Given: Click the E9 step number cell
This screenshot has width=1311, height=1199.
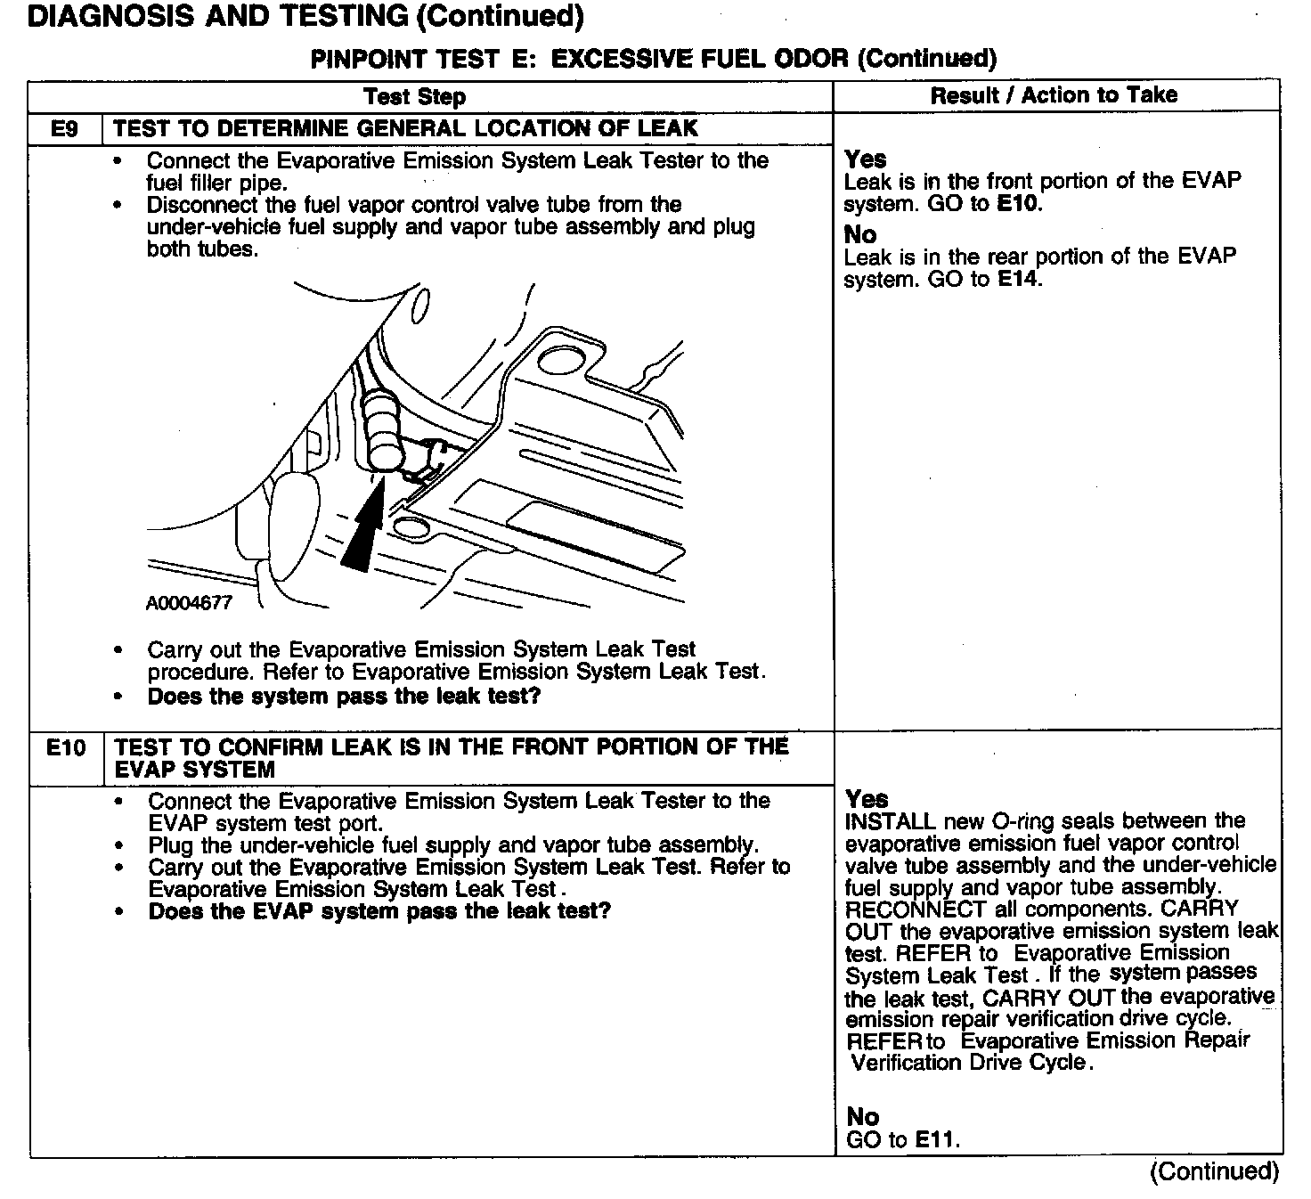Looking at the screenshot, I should tap(64, 129).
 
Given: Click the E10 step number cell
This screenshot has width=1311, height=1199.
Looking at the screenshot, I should tap(66, 747).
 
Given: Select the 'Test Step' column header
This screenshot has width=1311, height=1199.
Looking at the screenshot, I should tap(414, 96).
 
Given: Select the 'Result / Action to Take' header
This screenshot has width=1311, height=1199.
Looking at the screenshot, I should tap(1054, 95).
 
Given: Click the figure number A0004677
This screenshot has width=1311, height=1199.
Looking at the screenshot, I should tap(189, 603).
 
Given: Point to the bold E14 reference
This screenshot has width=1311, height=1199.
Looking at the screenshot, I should tap(1019, 279).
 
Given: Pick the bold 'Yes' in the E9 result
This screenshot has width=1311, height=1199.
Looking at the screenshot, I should tap(865, 159).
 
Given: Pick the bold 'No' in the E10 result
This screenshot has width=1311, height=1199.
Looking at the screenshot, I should tap(862, 1116).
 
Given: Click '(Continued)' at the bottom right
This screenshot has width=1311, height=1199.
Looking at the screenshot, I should tap(1214, 1170).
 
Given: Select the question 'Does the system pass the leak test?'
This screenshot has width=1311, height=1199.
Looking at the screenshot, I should tap(344, 697).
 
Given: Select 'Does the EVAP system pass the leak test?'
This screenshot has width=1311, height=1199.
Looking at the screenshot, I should tap(379, 911).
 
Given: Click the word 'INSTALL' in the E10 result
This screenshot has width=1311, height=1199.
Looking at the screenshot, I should tap(890, 821).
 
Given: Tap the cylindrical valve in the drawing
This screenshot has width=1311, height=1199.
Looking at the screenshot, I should tap(384, 428).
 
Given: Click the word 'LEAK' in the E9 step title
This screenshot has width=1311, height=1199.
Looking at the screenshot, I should tap(667, 128).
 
